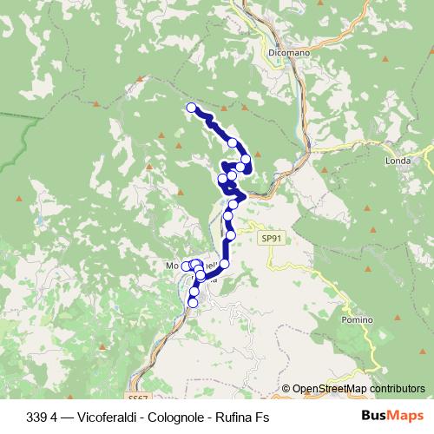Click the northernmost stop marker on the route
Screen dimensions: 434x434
point(191,107)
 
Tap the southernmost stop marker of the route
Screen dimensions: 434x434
point(193,302)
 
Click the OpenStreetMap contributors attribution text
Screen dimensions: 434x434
point(358,390)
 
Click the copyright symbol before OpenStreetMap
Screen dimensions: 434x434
point(286,390)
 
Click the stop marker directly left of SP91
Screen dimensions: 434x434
point(231,234)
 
